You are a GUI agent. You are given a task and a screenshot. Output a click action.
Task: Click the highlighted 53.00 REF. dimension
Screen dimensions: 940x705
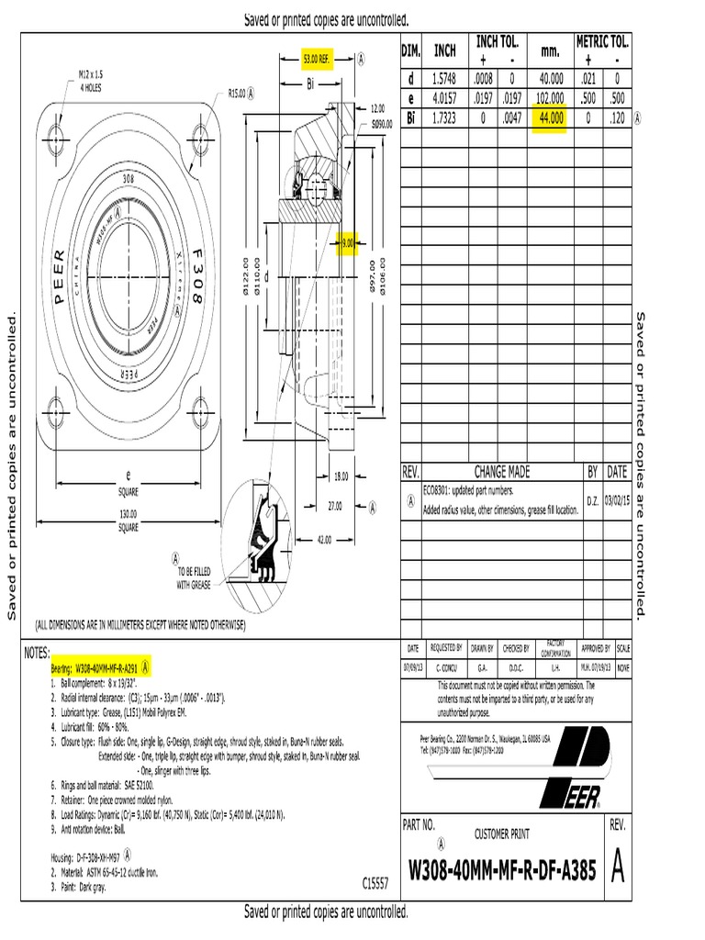tap(316, 59)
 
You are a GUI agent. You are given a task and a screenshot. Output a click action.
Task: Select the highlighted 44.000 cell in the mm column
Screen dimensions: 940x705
tap(551, 117)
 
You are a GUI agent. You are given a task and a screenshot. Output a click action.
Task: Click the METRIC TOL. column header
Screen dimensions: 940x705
tap(602, 41)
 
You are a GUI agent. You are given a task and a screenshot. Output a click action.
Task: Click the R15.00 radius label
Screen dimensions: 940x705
tap(241, 93)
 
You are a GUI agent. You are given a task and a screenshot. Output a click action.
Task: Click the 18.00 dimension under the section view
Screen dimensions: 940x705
tap(341, 476)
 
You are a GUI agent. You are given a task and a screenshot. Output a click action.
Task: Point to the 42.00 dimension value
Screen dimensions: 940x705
tap(324, 540)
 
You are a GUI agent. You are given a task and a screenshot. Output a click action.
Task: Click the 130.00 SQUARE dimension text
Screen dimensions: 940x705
tap(128, 520)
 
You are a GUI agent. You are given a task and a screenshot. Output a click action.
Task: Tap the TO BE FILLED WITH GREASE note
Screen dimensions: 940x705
tap(194, 577)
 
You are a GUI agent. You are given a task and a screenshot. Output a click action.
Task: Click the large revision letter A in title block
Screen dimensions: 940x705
tap(618, 868)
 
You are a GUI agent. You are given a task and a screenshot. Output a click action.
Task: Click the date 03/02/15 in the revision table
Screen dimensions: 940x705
tap(618, 503)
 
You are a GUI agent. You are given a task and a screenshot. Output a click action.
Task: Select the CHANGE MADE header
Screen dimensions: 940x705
tap(502, 472)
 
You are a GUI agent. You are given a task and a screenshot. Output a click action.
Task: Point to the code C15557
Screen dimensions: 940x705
tap(375, 883)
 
